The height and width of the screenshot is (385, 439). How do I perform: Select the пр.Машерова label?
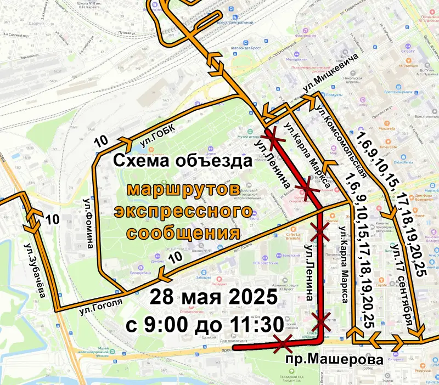point(334,360)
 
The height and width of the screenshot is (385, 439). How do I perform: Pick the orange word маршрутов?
point(183,190)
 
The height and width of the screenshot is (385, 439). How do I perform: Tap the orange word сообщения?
point(183,233)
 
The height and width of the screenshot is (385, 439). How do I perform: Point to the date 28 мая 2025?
point(213,299)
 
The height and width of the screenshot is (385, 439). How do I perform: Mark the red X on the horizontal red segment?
point(284,344)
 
